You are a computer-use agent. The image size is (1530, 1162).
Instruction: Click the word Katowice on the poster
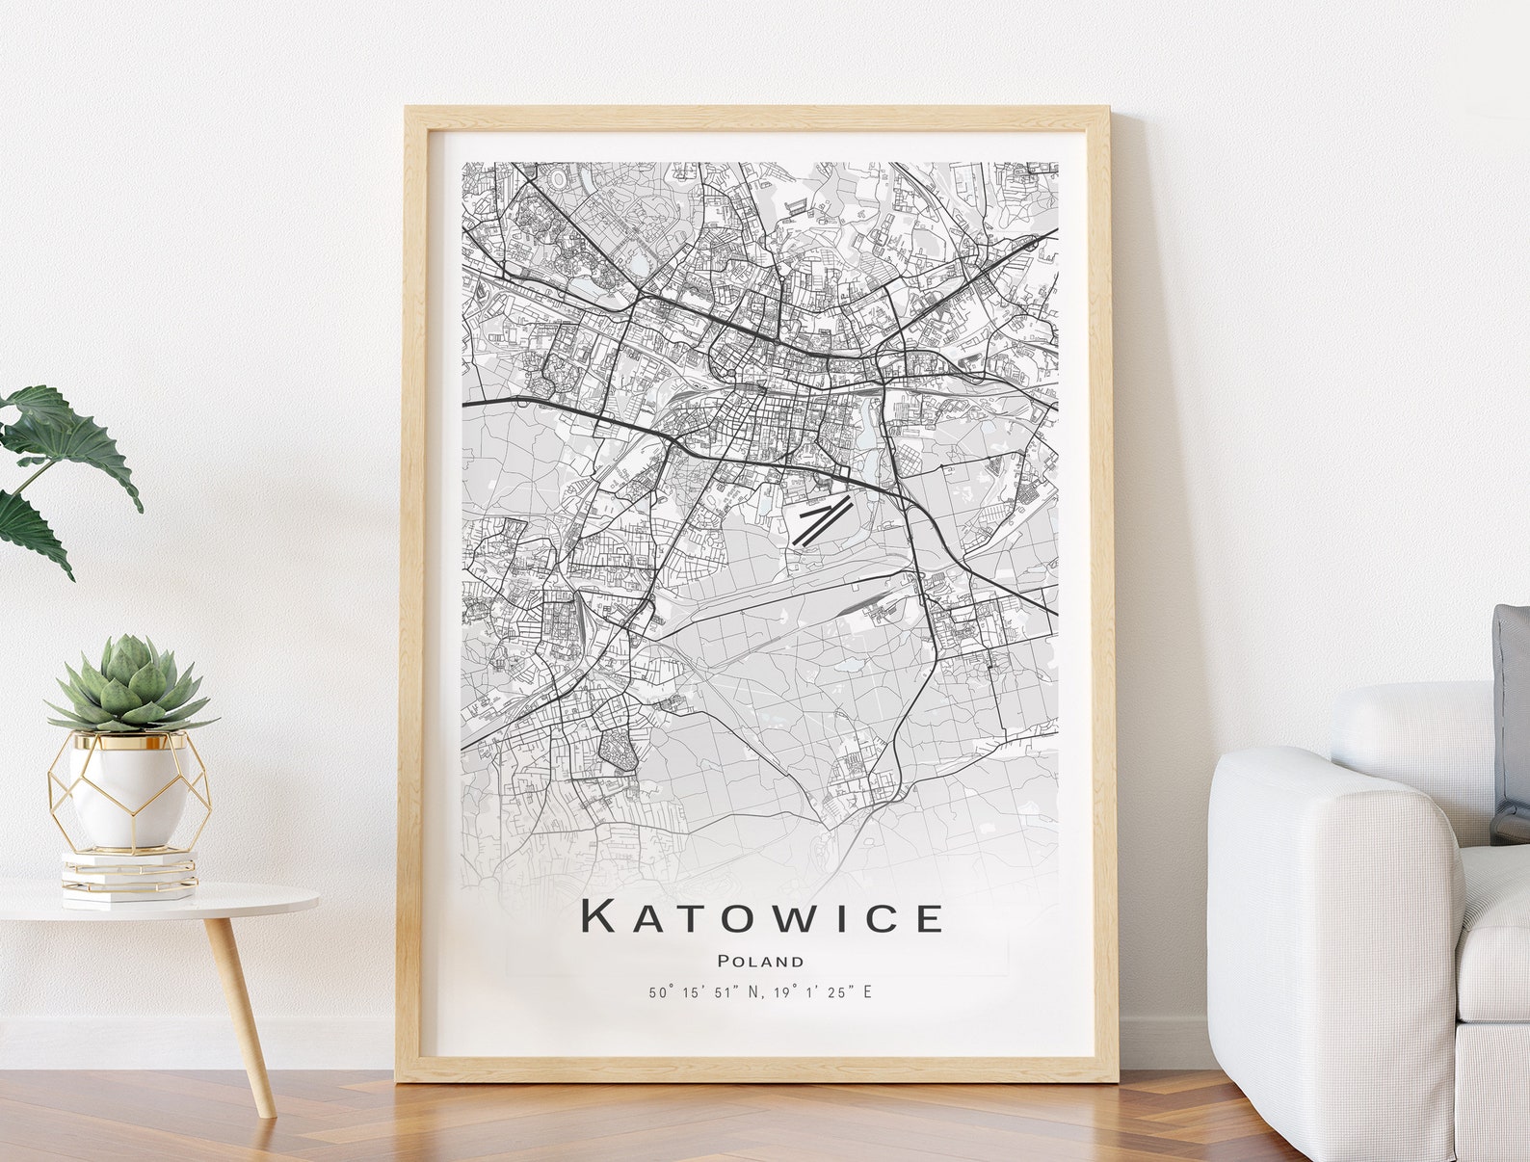[x=761, y=916]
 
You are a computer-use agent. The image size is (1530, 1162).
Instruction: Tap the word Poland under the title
[x=760, y=961]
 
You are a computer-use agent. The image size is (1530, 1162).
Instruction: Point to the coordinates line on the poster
[x=760, y=991]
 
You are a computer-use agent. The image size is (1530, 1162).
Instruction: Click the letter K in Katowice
[x=598, y=916]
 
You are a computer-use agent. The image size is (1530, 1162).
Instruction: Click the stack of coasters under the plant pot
[x=129, y=875]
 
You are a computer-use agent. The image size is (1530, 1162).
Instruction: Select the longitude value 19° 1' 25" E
[x=820, y=991]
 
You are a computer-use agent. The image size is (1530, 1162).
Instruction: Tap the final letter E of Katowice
[x=928, y=917]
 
